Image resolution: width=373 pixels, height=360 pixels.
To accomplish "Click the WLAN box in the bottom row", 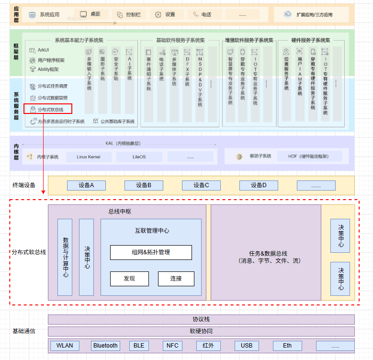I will coord(65,346).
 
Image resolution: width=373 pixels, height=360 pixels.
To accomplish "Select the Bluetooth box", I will coord(105,346).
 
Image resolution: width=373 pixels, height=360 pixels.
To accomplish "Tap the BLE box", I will coord(139,346).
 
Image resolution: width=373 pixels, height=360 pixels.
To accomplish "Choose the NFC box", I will coord(172,346).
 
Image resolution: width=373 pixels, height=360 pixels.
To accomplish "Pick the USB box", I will coord(247,346).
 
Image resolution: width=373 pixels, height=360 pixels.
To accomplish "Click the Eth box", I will coord(287,346).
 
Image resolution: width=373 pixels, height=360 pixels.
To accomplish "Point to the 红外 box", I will coord(208,346).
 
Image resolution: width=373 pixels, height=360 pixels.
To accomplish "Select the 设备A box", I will coord(86,185).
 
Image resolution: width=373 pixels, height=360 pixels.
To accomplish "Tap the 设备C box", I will coord(201,185).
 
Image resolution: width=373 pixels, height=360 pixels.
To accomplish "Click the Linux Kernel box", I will coord(88,157).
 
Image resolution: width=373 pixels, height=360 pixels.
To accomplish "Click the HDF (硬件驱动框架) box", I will coord(308,156).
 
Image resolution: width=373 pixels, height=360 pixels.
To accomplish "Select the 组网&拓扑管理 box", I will coord(151,252).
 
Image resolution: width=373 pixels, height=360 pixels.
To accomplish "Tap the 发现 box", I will coord(129,279).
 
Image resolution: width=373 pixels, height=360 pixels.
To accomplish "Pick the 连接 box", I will coord(176,279).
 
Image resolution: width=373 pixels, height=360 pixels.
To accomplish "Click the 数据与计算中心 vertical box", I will coord(65,257).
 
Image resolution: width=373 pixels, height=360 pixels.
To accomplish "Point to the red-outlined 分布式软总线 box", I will coord(47,109).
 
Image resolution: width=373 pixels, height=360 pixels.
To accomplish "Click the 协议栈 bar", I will coord(201,319).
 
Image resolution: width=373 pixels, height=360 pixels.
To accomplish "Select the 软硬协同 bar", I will coord(201,331).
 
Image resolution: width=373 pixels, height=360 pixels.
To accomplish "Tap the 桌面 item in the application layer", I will coord(90,14).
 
